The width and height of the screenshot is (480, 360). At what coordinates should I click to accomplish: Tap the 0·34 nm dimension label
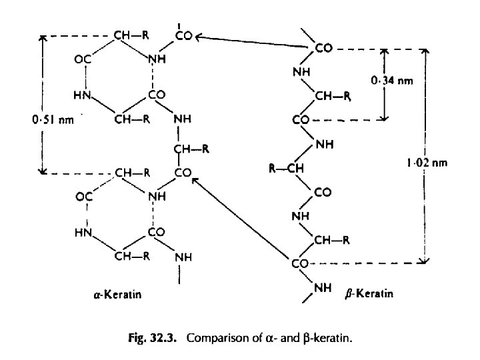click(x=392, y=81)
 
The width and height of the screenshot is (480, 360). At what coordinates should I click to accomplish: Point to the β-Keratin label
click(x=370, y=294)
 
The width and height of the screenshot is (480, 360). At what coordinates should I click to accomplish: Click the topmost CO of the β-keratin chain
click(x=323, y=49)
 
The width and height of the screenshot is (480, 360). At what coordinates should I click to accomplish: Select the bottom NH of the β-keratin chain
click(x=322, y=287)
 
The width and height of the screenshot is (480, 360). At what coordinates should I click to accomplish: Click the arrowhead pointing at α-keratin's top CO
click(x=199, y=37)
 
